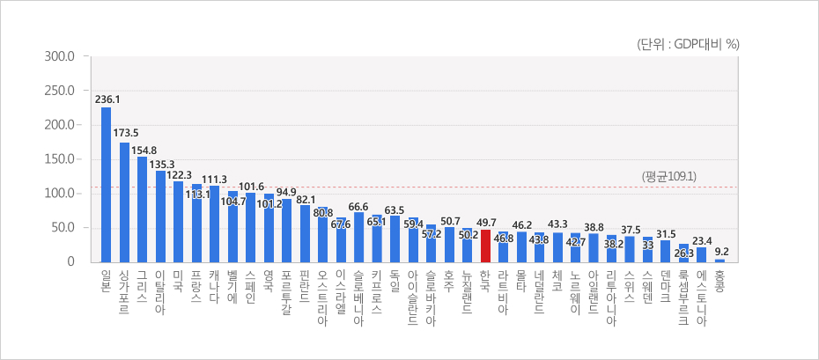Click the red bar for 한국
485,246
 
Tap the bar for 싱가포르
124,202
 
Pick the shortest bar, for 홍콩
719,260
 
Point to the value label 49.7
485,223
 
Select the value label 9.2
720,251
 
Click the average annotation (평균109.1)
670,177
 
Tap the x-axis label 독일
395,281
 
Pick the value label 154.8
144,151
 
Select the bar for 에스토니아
702,254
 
